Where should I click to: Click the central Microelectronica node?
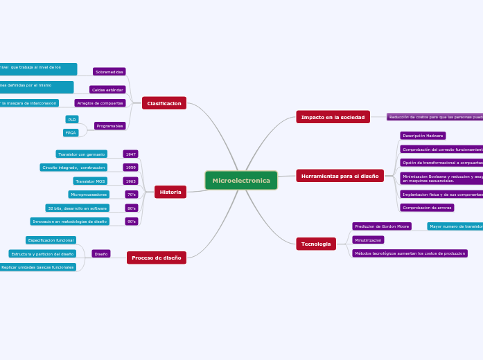tap(241, 181)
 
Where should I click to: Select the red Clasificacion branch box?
tap(164, 103)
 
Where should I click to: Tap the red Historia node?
tap(170, 192)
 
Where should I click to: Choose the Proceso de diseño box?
tap(157, 258)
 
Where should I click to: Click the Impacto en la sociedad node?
tap(333, 117)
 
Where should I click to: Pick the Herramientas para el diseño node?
tap(340, 176)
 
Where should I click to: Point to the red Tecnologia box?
tap(316, 244)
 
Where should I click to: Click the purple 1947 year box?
tap(130, 154)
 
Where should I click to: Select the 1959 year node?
tap(130, 168)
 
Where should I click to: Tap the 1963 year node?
tap(130, 181)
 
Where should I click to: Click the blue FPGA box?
tap(71, 133)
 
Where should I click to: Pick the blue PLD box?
tap(71, 120)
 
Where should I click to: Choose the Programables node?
tap(110, 126)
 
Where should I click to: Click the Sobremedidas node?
tap(109, 71)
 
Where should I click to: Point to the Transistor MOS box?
tap(90, 181)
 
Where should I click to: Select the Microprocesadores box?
tap(89, 195)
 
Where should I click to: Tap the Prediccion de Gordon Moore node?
tap(382, 226)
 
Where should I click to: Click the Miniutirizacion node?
tap(368, 240)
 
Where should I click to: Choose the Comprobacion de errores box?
tap(427, 208)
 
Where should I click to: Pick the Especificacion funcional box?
tap(51, 240)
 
